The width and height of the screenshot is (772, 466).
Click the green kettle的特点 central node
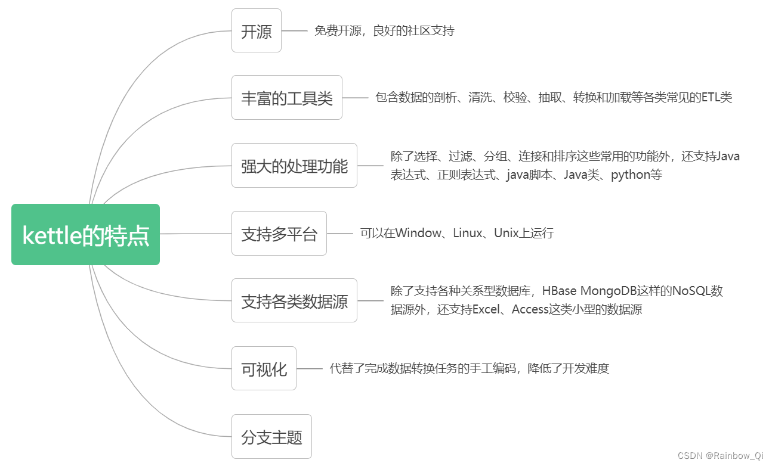[x=85, y=235]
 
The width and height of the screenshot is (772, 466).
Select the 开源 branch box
[x=256, y=31]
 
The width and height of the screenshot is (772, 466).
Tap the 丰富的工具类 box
[x=286, y=98]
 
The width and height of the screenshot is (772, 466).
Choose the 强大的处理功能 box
[x=294, y=166]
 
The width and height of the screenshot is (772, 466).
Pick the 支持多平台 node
[x=279, y=234]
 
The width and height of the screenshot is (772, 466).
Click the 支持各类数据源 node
[x=294, y=301]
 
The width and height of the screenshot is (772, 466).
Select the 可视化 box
[x=264, y=369]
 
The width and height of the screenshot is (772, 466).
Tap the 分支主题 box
[x=271, y=437]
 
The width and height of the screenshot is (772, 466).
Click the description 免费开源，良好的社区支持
[x=384, y=31]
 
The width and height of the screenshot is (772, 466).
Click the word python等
[x=636, y=175]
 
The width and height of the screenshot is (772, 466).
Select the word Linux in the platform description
[x=467, y=233]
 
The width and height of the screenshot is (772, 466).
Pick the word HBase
[x=559, y=291]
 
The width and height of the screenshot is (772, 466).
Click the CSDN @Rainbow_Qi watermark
[x=720, y=456]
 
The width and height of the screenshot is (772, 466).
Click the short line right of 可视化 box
[x=309, y=369]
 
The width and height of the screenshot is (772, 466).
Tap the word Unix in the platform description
[x=507, y=233]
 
